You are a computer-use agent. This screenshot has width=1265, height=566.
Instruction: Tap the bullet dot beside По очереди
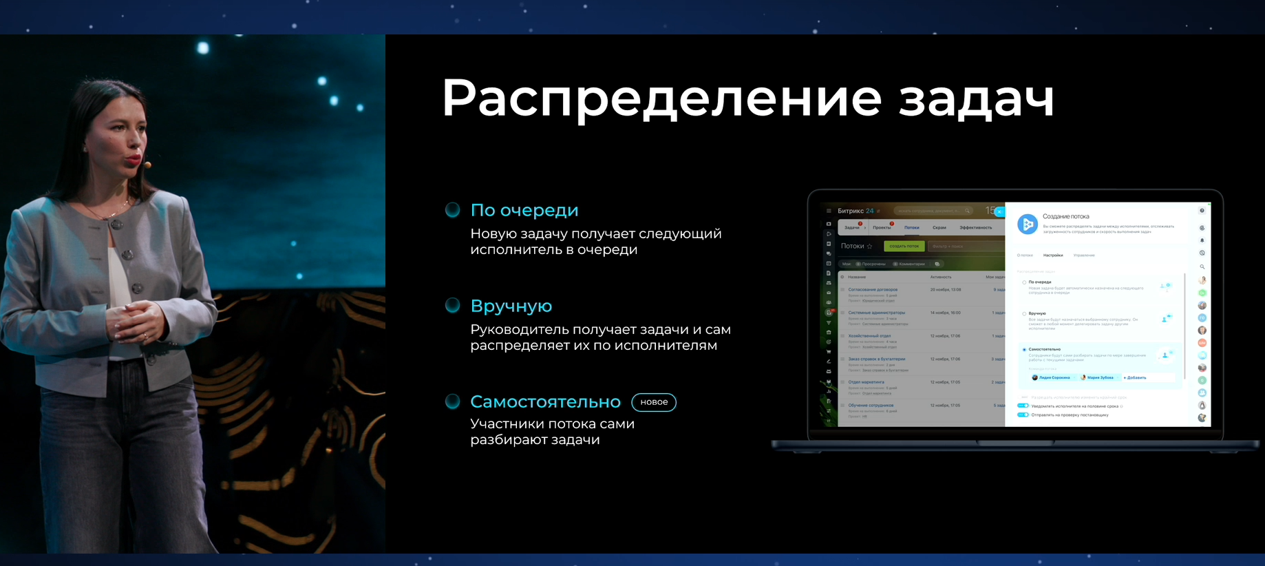pyautogui.click(x=452, y=210)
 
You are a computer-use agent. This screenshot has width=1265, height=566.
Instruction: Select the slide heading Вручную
pyautogui.click(x=511, y=306)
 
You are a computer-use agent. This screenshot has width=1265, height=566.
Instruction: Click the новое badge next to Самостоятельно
pyautogui.click(x=654, y=402)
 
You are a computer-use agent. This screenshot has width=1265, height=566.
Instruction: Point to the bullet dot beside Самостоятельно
pyautogui.click(x=452, y=401)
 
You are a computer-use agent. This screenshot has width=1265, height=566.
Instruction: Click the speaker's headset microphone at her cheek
pyautogui.click(x=147, y=165)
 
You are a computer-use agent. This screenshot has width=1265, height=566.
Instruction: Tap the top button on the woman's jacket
pyautogui.click(x=118, y=224)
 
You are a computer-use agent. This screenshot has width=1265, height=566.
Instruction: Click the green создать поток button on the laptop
pyautogui.click(x=904, y=246)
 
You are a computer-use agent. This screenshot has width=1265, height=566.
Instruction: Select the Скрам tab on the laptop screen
pyautogui.click(x=939, y=227)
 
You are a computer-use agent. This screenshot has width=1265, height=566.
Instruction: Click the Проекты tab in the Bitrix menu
pyautogui.click(x=882, y=227)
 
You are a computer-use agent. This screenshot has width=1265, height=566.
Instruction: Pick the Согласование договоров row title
pyautogui.click(x=872, y=289)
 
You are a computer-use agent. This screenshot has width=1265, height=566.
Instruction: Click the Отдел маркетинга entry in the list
pyautogui.click(x=866, y=381)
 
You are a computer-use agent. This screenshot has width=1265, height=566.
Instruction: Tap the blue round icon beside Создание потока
pyautogui.click(x=1027, y=224)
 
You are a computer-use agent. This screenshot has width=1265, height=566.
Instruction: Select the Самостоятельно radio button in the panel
pyautogui.click(x=1024, y=350)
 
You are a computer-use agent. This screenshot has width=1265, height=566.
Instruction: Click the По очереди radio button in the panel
pyautogui.click(x=1024, y=282)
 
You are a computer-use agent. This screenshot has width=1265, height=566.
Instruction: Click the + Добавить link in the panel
pyautogui.click(x=1135, y=377)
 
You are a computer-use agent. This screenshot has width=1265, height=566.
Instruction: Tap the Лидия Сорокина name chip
pyautogui.click(x=1053, y=377)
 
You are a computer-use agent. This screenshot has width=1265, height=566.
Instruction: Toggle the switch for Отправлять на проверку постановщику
pyautogui.click(x=1023, y=415)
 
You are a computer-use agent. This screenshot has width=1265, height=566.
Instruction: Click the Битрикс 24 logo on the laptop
pyautogui.click(x=855, y=211)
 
